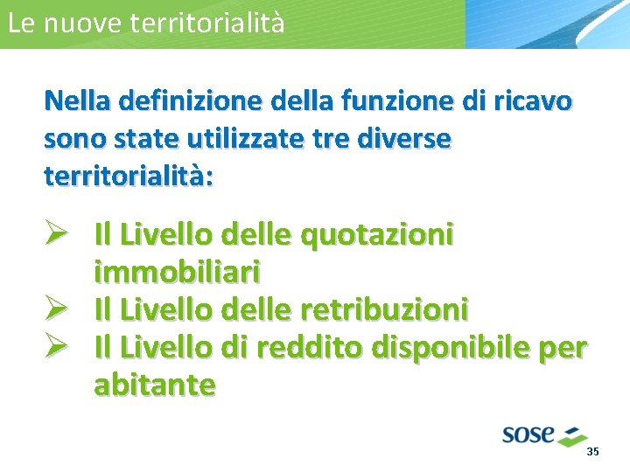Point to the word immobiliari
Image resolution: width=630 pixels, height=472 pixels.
click(178, 273)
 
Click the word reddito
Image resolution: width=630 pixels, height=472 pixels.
click(309, 347)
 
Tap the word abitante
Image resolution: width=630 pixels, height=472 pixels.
click(155, 385)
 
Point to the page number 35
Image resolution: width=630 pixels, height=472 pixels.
click(592, 452)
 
